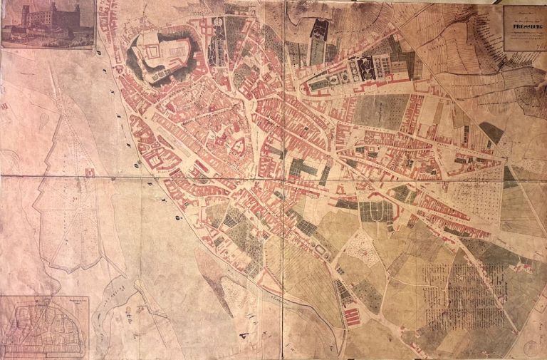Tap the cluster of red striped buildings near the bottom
[353, 314]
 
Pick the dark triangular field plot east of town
[491, 132]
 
